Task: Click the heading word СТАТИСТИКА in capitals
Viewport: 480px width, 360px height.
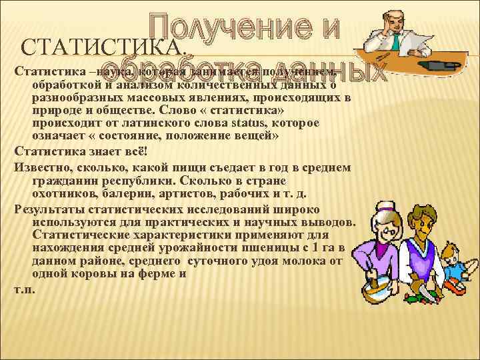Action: point(100,48)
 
